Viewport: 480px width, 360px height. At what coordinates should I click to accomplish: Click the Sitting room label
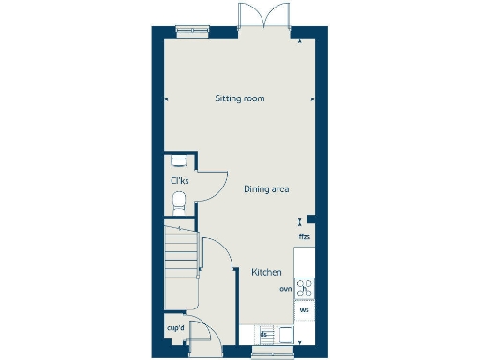[240, 97]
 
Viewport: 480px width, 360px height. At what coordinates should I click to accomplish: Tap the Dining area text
[266, 189]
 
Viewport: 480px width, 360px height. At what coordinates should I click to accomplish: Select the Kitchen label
[266, 272]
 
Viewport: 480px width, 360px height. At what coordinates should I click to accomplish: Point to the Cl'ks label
[178, 181]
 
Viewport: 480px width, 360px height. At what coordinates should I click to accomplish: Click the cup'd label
[174, 329]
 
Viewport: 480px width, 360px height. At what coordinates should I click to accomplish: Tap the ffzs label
[304, 237]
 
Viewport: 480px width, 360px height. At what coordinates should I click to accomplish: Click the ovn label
[286, 289]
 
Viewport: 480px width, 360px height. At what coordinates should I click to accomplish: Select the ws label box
[305, 309]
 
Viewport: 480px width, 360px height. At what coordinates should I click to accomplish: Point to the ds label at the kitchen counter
[264, 333]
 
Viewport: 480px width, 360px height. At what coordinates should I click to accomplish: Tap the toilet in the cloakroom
[179, 200]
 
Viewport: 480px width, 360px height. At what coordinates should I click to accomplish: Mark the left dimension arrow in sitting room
[167, 97]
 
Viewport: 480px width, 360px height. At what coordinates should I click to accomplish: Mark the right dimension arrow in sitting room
[313, 97]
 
